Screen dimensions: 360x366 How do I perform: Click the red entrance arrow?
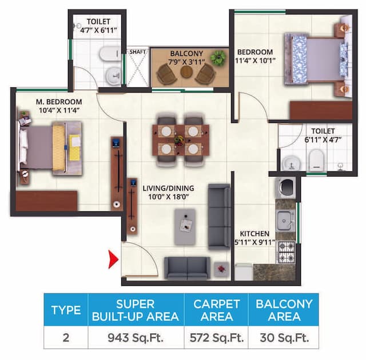(x=113, y=260)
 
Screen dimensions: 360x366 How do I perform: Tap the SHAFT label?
(x=137, y=51)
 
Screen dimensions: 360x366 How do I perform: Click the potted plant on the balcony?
(x=218, y=57)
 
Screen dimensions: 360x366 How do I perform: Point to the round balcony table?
(x=187, y=73)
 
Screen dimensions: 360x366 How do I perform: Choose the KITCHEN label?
(x=254, y=238)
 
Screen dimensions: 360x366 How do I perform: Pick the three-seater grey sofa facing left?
(x=218, y=216)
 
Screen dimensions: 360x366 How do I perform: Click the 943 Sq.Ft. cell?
(x=136, y=337)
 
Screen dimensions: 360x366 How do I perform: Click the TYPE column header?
(x=66, y=310)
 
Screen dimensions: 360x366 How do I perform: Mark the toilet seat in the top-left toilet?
(x=107, y=54)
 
